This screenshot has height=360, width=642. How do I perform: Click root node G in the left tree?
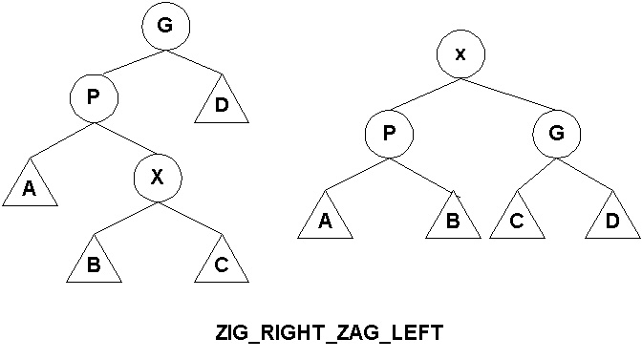coord(164,27)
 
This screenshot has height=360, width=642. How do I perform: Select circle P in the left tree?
coord(94,97)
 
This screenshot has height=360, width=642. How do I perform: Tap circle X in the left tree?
coord(158,176)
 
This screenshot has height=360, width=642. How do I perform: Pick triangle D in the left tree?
coord(222,104)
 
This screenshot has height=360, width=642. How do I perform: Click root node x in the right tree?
coord(460,54)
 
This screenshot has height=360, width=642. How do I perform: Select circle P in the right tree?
coord(388,136)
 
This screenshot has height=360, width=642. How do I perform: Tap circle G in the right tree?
coord(556,136)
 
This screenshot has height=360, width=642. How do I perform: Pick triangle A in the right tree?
coord(325,221)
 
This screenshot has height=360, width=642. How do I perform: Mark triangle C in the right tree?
coord(517,221)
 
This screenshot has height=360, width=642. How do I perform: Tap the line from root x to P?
coord(421,96)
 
